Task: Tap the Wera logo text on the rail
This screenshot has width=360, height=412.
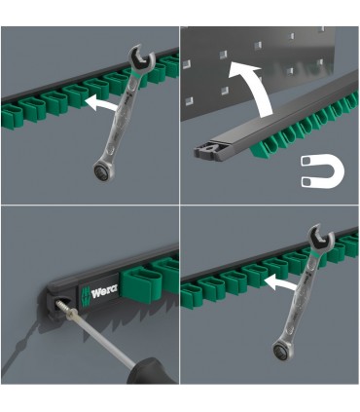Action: click(105, 292)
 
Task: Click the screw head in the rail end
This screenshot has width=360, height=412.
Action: click(61, 305)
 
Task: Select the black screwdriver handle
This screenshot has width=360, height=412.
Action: click(152, 370)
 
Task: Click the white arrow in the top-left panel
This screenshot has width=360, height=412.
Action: click(100, 104)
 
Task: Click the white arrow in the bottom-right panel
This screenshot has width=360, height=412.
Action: click(280, 282)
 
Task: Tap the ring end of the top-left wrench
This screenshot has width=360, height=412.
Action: click(102, 169)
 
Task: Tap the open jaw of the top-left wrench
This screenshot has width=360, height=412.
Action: click(141, 57)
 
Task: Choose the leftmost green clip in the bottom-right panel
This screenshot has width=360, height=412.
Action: click(187, 296)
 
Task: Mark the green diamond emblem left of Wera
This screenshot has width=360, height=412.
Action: click(85, 295)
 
